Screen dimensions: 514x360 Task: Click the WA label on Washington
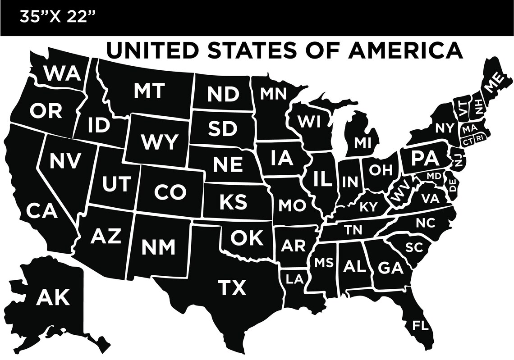click(63, 73)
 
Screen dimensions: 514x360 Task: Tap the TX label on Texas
click(232, 287)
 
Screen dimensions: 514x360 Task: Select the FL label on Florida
click(420, 325)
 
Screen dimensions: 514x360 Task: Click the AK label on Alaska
click(53, 297)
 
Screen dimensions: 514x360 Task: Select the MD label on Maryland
click(433, 175)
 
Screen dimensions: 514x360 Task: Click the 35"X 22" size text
click(57, 18)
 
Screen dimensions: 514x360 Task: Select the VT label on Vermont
click(464, 110)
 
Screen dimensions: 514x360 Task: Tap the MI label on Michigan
click(362, 143)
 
